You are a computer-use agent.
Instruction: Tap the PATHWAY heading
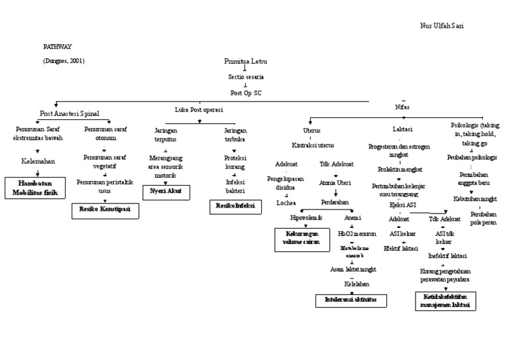coord(58,47)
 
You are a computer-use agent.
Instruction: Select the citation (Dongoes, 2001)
coord(64,61)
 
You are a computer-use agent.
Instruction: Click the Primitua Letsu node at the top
coord(247,61)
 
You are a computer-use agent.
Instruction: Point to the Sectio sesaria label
coord(246,77)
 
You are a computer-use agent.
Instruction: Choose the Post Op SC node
coord(246,93)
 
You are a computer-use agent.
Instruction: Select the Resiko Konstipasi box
coord(105,210)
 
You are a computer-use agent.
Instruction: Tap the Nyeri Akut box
coord(166,192)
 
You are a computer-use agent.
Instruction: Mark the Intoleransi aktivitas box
coord(351,300)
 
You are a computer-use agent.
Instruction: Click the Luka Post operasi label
coord(198,109)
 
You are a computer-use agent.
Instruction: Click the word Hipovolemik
coord(306,217)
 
